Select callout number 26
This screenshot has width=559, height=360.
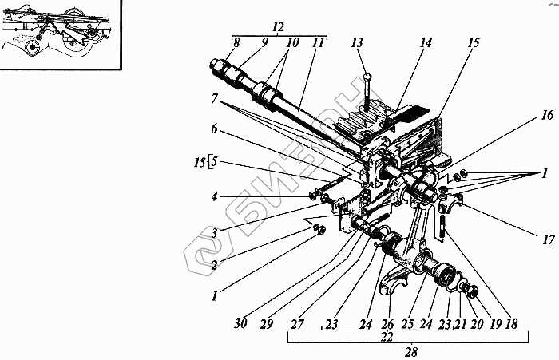point(388,324)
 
